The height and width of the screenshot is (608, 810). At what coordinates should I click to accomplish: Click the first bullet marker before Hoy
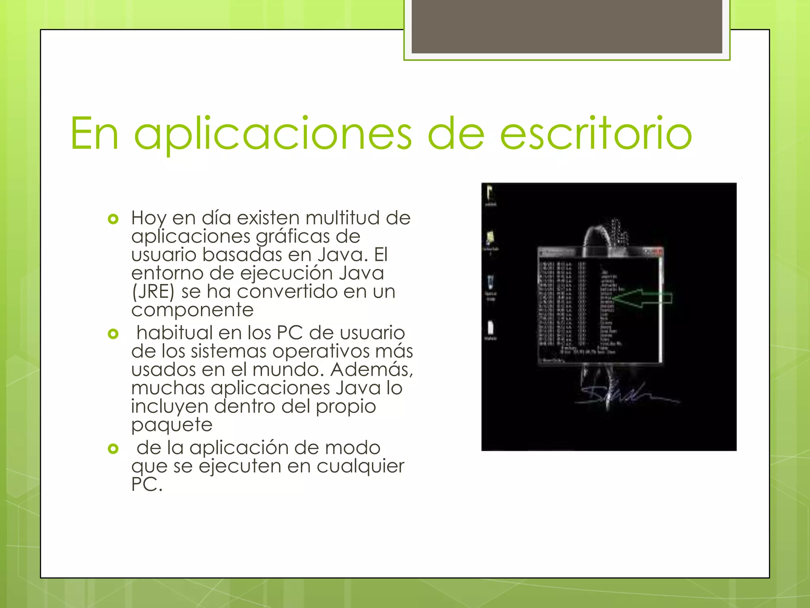point(113,219)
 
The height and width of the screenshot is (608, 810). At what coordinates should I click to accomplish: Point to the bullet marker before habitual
point(113,334)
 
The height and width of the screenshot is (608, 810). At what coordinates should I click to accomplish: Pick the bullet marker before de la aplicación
point(113,448)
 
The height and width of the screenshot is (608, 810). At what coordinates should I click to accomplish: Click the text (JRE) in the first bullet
point(153,292)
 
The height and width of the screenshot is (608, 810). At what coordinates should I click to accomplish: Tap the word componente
point(192,310)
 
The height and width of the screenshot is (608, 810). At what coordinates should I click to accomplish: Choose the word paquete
point(172,425)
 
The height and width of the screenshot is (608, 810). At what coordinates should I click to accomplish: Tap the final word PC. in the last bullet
point(147,484)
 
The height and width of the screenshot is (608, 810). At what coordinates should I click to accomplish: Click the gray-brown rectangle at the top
point(566,26)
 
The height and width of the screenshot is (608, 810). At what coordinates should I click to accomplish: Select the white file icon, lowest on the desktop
point(490,329)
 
